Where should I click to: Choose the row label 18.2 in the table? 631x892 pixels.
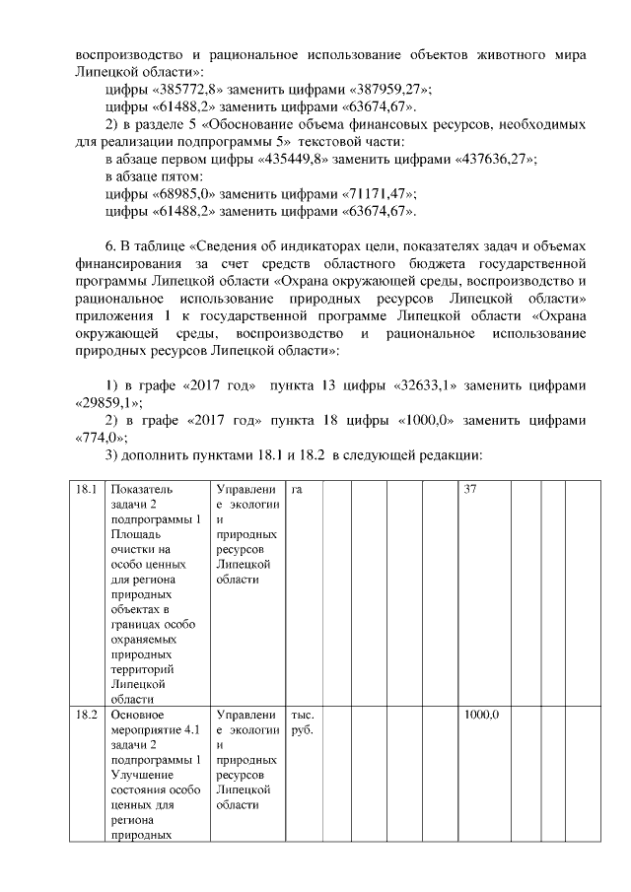pyautogui.click(x=87, y=715)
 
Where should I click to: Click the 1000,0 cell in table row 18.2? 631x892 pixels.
pyautogui.click(x=482, y=715)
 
